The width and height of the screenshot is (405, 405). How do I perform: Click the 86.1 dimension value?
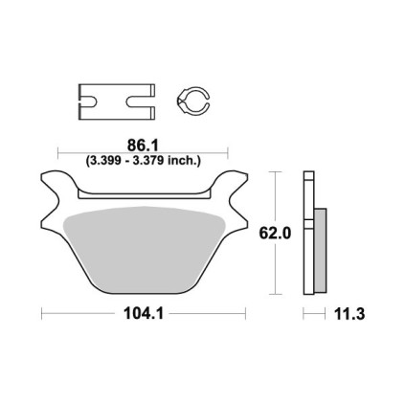click(x=143, y=146)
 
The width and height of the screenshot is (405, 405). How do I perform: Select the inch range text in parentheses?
click(x=143, y=160)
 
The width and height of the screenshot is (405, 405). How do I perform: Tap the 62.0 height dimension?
click(x=275, y=234)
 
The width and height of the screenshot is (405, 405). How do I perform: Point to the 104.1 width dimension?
click(x=144, y=313)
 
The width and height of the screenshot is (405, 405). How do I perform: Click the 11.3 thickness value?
click(x=349, y=314)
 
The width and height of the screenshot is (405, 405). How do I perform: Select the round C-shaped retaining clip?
click(x=192, y=100)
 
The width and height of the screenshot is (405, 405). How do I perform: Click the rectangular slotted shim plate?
click(x=117, y=101)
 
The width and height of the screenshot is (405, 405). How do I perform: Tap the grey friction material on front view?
click(x=145, y=249)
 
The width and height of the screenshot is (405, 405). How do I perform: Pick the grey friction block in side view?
click(x=320, y=251)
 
